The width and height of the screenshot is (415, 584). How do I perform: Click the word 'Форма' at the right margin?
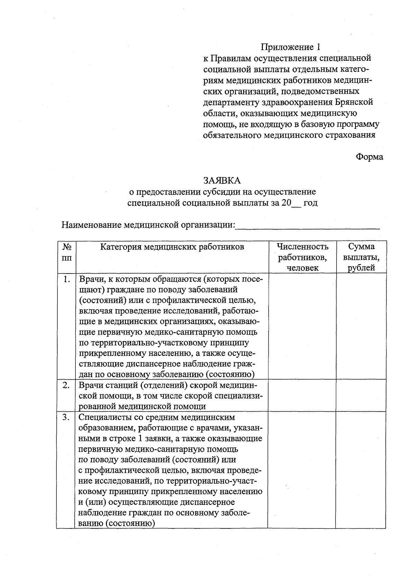pos(369,157)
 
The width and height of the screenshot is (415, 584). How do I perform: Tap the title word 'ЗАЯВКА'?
pos(222,181)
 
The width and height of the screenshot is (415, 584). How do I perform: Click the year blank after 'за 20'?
pos(297,204)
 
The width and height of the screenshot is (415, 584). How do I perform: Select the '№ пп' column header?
pos(67,252)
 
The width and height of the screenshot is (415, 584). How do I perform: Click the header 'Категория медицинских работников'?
pos(172,247)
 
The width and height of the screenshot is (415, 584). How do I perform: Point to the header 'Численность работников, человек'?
pos(302,257)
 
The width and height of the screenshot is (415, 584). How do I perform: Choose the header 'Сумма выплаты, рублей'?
pos(361,257)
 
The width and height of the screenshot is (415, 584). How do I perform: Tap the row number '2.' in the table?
pos(66,385)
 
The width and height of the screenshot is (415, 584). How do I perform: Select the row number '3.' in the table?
pos(66,417)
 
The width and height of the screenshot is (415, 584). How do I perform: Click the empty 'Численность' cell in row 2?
pos(302,395)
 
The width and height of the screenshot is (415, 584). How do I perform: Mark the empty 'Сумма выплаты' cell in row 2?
pos(361,395)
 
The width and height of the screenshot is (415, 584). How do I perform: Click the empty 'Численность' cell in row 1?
pos(302,326)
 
